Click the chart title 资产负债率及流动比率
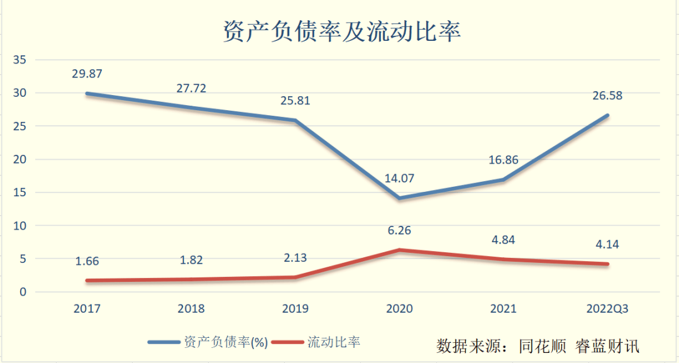tap(342, 31)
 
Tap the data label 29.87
tap(87, 74)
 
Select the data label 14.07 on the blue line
tap(399, 178)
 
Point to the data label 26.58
tap(607, 96)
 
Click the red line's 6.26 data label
tap(399, 230)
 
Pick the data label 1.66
tap(87, 262)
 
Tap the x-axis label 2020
tap(399, 308)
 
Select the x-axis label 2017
tap(87, 308)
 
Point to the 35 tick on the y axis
tap(19, 60)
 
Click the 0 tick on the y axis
tap(23, 292)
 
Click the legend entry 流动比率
tap(334, 342)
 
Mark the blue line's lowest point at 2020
tap(399, 198)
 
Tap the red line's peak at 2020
tap(399, 250)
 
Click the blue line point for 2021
tap(503, 180)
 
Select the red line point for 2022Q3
tap(607, 264)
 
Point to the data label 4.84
tap(503, 240)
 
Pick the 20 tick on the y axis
tap(19, 159)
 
